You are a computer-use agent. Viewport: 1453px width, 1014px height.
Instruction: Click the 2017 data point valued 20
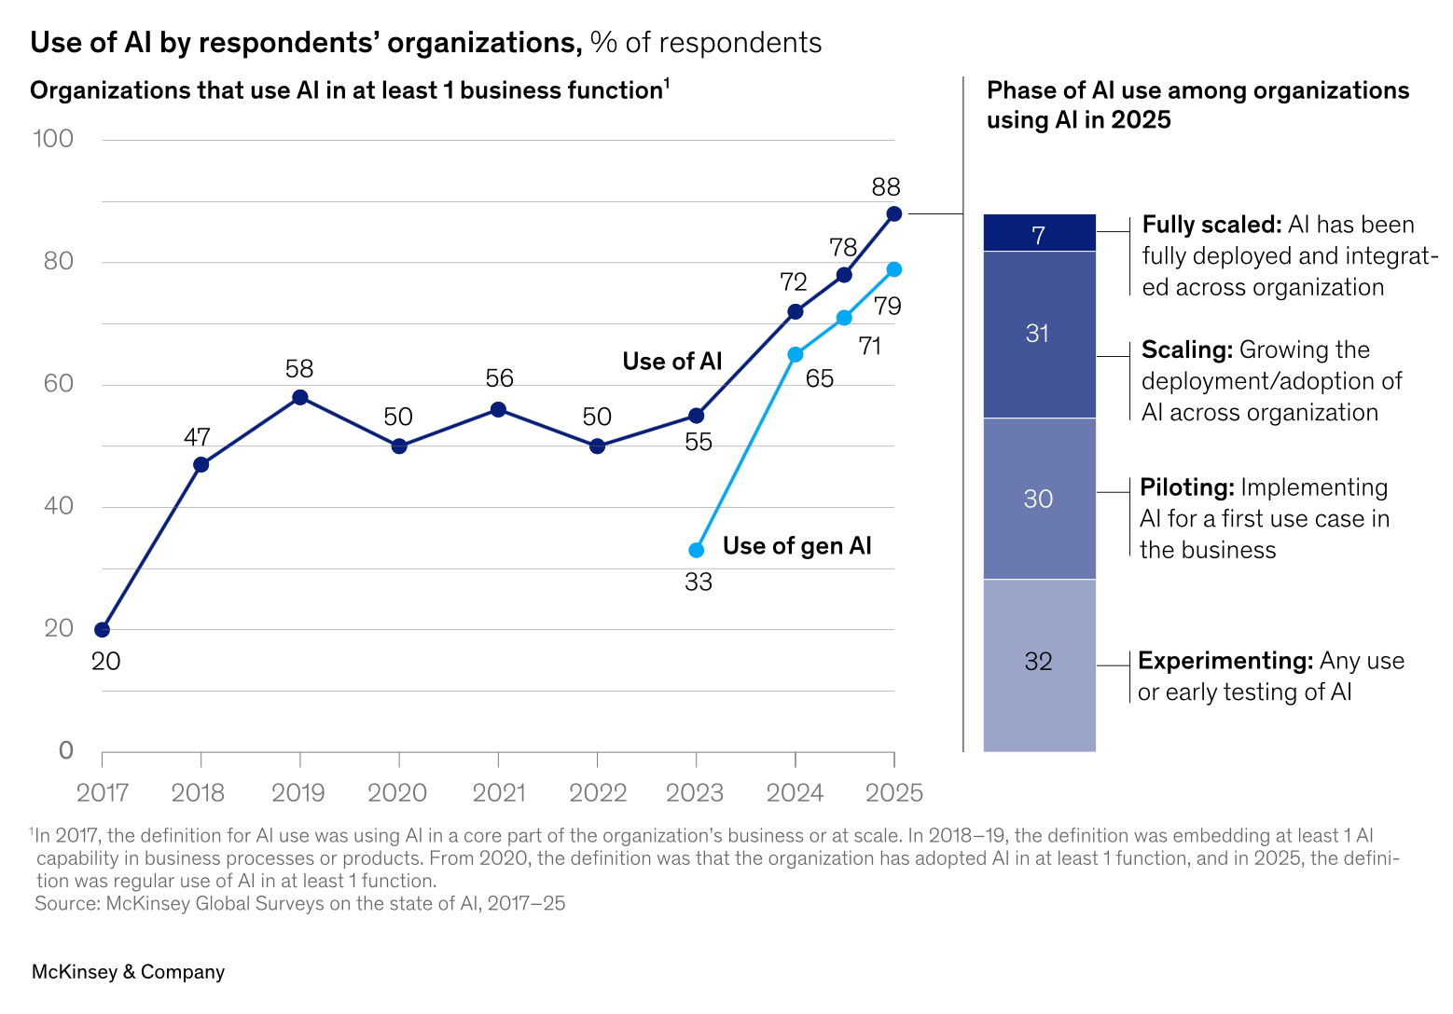click(103, 630)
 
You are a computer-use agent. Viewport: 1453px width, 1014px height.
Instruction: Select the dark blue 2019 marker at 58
click(300, 398)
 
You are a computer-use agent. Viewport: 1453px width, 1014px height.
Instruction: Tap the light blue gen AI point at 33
click(697, 551)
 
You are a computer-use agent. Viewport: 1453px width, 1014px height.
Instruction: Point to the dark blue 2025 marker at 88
click(894, 213)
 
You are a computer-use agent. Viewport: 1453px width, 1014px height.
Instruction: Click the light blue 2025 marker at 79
click(894, 269)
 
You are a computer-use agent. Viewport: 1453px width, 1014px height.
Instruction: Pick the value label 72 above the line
click(794, 282)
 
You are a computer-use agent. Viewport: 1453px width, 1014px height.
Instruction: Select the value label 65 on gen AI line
click(820, 378)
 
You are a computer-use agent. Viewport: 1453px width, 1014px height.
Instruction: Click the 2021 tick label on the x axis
click(499, 793)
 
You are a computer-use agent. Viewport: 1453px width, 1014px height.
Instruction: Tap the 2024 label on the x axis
click(795, 793)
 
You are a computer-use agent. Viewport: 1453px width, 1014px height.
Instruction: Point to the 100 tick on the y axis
click(53, 139)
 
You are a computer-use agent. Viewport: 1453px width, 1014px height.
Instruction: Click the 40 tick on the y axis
click(58, 506)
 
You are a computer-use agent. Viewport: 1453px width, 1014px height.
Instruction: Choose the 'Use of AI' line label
click(672, 362)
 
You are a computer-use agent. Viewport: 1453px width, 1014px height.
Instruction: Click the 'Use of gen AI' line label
click(797, 546)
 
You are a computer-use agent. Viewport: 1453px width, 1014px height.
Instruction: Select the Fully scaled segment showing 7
click(1039, 233)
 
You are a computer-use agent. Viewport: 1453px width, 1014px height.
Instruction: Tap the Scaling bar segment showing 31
click(1039, 334)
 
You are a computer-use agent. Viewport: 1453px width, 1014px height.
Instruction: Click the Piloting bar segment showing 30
click(1039, 499)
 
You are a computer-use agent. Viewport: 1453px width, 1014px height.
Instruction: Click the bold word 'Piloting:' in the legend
click(1187, 487)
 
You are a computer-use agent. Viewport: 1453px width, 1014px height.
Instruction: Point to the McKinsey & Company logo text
click(129, 972)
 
